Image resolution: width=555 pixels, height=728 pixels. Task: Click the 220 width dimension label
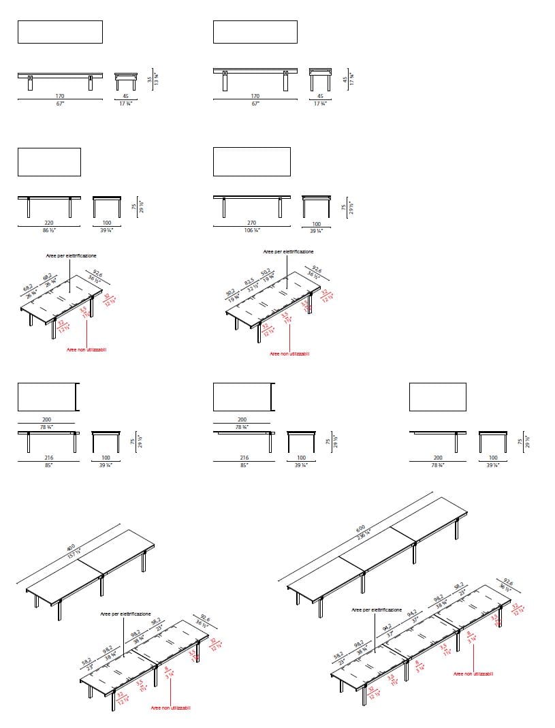(49, 223)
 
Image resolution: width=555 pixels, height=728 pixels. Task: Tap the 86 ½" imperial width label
(49, 231)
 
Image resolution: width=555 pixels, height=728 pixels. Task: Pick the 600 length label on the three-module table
(360, 528)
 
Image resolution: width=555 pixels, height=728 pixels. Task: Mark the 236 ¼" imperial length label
(363, 535)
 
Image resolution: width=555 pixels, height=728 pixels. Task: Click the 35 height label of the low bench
(150, 79)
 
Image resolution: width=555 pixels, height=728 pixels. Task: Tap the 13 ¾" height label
(157, 79)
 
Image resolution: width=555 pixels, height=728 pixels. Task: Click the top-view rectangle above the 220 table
(49, 162)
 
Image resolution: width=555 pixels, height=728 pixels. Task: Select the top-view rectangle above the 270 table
(251, 161)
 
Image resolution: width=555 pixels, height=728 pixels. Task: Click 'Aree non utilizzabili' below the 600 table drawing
(473, 674)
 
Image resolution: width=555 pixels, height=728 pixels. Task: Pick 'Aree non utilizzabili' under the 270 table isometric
(289, 353)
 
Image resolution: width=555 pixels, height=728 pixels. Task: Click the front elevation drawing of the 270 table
(253, 206)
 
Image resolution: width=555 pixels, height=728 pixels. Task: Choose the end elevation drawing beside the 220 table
(106, 206)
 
